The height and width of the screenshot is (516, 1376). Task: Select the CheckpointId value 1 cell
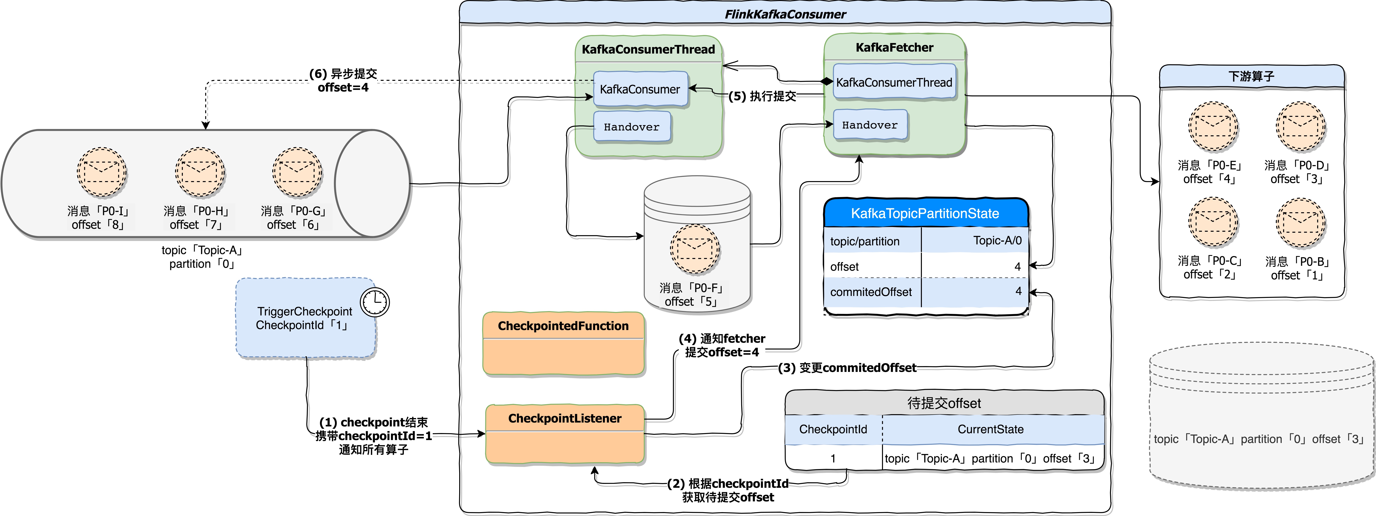point(833,458)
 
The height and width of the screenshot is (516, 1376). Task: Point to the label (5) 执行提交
point(762,96)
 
